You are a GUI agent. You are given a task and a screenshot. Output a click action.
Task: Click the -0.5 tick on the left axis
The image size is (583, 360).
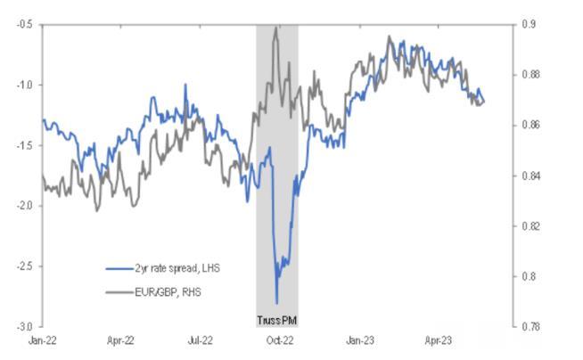click(x=23, y=24)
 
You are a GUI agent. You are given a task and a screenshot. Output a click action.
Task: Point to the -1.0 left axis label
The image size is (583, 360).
click(x=23, y=85)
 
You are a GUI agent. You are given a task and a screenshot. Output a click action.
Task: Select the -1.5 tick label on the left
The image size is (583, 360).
click(x=23, y=145)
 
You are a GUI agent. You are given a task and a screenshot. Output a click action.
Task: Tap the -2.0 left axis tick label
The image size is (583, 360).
click(x=23, y=206)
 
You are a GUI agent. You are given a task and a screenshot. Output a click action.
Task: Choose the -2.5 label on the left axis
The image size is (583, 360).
click(x=23, y=266)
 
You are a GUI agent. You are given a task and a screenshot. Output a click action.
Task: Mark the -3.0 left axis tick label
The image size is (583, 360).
click(x=23, y=326)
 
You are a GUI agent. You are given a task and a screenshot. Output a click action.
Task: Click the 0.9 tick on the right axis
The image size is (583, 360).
click(x=529, y=24)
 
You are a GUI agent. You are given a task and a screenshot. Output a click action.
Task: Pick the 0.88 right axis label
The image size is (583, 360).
click(x=531, y=75)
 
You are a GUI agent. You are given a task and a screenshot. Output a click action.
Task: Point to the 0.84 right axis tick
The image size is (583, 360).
click(x=531, y=176)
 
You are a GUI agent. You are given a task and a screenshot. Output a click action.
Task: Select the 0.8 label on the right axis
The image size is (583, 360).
click(x=529, y=276)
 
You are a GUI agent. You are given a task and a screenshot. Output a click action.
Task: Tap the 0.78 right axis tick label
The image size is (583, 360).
click(x=531, y=326)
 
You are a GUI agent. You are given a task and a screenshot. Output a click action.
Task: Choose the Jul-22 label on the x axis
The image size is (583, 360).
click(x=201, y=340)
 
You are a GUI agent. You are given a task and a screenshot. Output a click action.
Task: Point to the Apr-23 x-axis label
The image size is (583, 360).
click(x=439, y=340)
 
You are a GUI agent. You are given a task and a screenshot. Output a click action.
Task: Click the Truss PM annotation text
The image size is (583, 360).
click(x=276, y=319)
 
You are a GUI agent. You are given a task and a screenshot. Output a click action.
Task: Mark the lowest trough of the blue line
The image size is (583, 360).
click(x=276, y=303)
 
